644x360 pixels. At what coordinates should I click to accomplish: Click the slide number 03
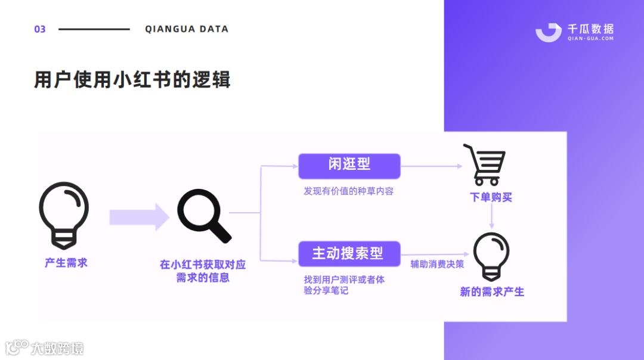click(x=40, y=29)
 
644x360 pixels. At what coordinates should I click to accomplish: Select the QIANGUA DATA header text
click(x=187, y=29)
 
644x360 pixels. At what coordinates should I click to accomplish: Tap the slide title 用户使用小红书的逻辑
click(x=132, y=80)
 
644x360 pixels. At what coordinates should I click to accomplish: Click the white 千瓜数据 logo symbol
click(x=548, y=32)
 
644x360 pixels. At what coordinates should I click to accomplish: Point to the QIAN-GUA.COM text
click(x=590, y=39)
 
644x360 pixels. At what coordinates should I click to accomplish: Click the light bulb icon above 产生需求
click(x=64, y=215)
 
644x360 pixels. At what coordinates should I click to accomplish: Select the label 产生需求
click(x=66, y=262)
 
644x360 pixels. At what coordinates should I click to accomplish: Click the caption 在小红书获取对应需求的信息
click(x=203, y=271)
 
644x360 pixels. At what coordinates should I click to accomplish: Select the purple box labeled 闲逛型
click(x=349, y=166)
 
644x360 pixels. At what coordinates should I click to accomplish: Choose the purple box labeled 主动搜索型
click(x=349, y=253)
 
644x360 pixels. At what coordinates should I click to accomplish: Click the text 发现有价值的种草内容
click(x=348, y=191)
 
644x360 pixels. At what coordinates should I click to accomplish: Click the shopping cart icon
click(x=484, y=165)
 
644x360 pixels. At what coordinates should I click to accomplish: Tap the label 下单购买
click(x=491, y=197)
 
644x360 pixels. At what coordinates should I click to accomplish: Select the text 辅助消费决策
click(x=437, y=263)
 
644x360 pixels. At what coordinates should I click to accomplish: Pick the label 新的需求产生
click(x=492, y=292)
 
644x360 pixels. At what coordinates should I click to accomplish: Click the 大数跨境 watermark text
click(x=57, y=348)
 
